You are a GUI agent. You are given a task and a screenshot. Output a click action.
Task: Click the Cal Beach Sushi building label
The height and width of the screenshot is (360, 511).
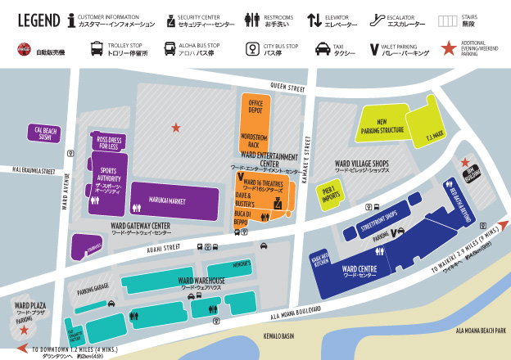pos(44,133)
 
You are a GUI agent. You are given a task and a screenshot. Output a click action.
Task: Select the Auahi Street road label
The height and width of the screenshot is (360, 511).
pos(159,249)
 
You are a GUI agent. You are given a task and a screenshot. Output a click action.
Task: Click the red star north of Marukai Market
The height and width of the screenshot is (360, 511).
pos(175,127)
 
